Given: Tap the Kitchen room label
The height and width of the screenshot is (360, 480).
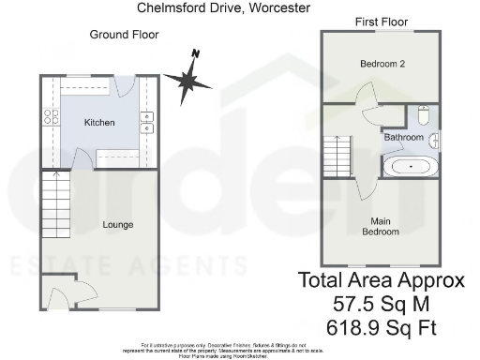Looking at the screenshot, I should click(99, 124).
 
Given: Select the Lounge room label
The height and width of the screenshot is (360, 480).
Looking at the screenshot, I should click(118, 225).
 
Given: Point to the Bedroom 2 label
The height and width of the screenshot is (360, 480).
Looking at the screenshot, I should click(382, 65).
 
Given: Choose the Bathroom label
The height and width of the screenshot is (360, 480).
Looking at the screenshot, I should click(403, 138).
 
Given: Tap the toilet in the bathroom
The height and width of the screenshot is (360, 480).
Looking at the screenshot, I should click(423, 118).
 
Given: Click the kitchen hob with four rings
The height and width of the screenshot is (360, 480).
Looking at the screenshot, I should click(49, 118).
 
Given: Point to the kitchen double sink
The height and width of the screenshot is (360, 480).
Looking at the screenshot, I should click(148, 123).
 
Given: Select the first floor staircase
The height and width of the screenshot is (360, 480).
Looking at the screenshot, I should click(336, 155).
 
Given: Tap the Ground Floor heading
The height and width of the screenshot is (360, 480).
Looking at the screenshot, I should click(124, 35).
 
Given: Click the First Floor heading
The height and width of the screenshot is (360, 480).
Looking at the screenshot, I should click(381, 20).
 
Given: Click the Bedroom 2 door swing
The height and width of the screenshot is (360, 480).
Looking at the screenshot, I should click(366, 94).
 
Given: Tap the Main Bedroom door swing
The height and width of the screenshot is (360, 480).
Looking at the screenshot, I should click(359, 190).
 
